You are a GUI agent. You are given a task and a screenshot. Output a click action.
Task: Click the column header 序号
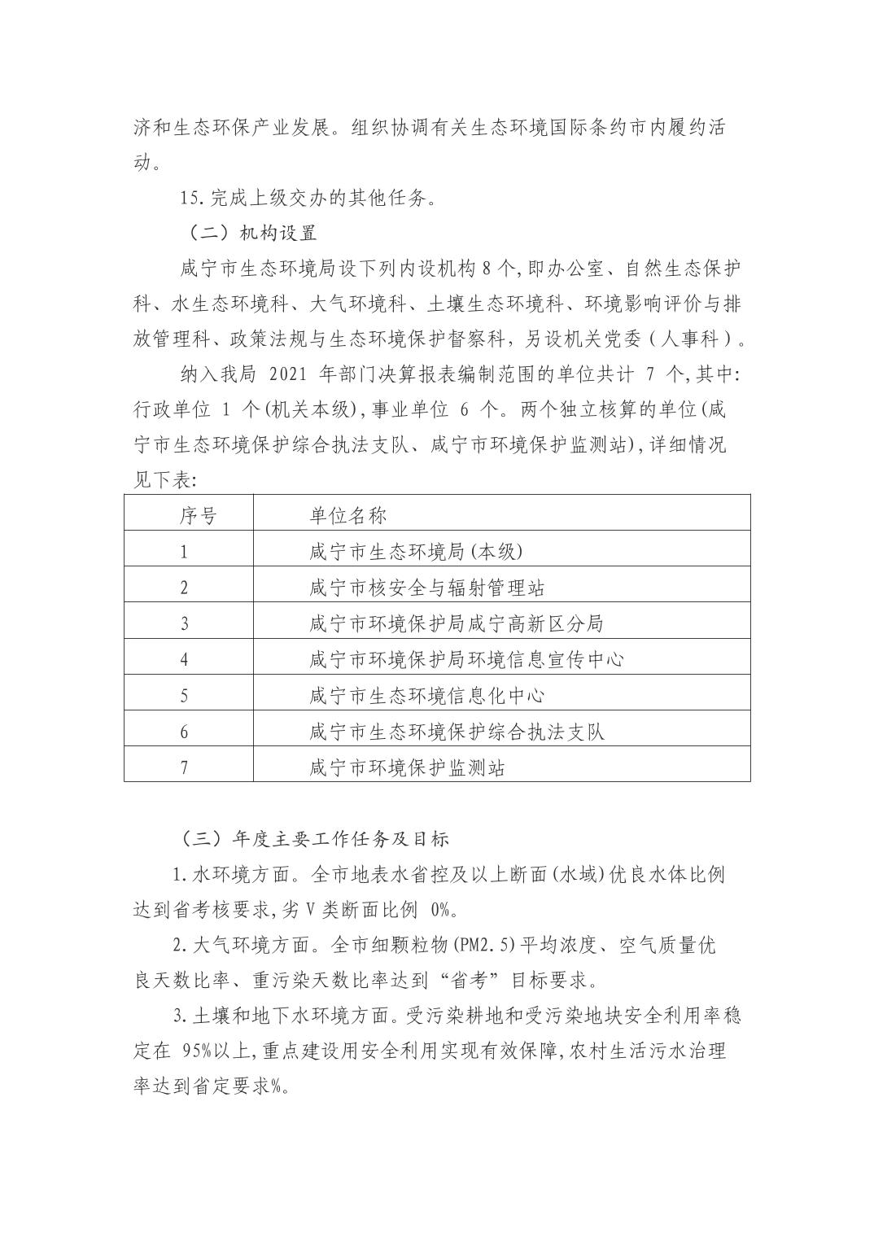point(198,514)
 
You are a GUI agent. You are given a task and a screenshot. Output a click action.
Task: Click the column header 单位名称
point(347,514)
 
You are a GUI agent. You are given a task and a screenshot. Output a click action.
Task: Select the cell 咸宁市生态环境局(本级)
point(416,551)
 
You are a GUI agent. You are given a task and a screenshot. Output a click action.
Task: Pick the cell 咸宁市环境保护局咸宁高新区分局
point(457,623)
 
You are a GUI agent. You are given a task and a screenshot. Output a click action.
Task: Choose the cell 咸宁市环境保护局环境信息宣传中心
point(466,659)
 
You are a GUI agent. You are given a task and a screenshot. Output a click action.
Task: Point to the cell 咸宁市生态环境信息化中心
point(427,696)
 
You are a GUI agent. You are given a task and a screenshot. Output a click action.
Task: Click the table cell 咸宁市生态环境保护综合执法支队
point(457,732)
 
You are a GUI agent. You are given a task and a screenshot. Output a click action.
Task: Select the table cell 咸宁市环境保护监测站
point(408,767)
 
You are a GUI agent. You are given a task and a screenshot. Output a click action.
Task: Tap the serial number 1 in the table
point(184,551)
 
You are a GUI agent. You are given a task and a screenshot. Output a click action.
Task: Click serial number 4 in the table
point(184,659)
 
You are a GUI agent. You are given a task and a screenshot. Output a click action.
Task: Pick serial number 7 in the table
point(184,767)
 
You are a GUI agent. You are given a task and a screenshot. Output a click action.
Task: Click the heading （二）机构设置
point(247,233)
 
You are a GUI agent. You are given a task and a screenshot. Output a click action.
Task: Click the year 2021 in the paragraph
point(286,374)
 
